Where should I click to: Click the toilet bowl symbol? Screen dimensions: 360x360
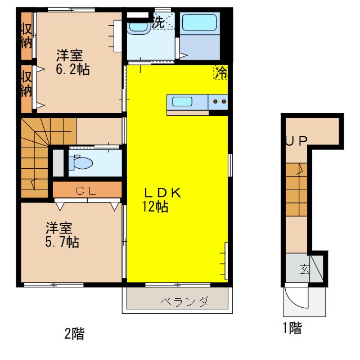[81, 163]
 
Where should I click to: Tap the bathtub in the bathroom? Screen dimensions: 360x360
[199, 22]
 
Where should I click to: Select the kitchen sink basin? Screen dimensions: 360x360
[182, 101]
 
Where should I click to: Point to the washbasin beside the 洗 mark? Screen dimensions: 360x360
[138, 28]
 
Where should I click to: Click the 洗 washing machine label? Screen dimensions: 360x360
[159, 22]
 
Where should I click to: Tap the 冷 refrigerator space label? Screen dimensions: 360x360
[221, 73]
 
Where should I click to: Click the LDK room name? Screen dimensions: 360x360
[163, 193]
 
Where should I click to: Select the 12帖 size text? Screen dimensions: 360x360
[155, 206]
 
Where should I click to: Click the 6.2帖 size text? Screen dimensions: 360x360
[73, 69]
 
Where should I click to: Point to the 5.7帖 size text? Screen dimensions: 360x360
[62, 242]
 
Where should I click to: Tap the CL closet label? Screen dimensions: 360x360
[85, 191]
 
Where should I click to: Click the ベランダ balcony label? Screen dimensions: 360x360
[184, 301]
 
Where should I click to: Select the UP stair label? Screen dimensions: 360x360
[296, 141]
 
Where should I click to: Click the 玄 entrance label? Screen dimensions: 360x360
[304, 269]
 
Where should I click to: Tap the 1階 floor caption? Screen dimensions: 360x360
[292, 327]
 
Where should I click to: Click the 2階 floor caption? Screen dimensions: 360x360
[74, 334]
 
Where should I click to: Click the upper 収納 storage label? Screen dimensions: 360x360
[26, 36]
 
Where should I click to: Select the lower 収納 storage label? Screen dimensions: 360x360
[26, 84]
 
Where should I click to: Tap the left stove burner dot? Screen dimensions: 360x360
[215, 101]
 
